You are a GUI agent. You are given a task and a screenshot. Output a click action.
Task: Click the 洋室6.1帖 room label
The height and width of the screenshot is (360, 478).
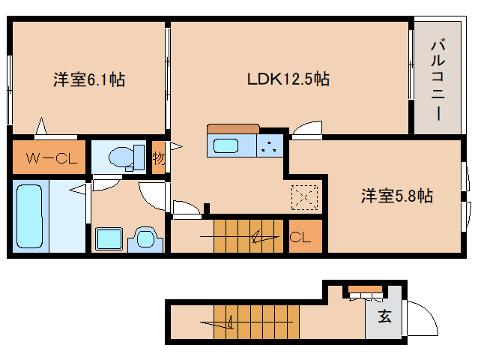[x=88, y=79]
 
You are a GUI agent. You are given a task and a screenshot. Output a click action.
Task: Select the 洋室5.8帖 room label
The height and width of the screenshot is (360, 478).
[x=396, y=196]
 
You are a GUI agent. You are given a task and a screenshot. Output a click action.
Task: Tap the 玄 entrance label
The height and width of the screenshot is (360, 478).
[x=384, y=316]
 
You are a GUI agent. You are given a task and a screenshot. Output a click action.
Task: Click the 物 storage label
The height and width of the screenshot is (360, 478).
[x=158, y=158]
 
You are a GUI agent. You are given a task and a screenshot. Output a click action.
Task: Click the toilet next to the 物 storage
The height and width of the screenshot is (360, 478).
[x=124, y=157]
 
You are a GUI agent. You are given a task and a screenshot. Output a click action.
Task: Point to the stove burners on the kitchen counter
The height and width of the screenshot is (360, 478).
[x=270, y=145]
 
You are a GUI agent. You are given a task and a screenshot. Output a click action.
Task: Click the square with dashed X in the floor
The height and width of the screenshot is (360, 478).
[x=305, y=198]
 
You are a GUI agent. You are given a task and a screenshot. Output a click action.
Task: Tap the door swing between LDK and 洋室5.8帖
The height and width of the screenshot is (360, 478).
[x=307, y=130]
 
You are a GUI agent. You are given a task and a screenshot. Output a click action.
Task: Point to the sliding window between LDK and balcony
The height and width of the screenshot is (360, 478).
[x=411, y=64]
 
